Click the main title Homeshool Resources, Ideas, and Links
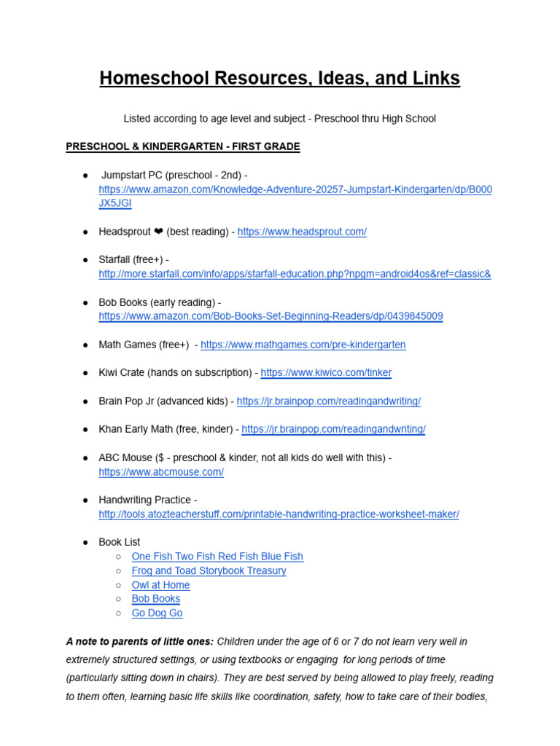pyautogui.click(x=280, y=79)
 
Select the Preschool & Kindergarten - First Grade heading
pyautogui.click(x=182, y=146)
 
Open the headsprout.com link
pyautogui.click(x=302, y=232)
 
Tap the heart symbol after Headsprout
pyautogui.click(x=158, y=232)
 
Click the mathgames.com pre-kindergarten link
pyautogui.click(x=303, y=345)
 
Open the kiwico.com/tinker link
pyautogui.click(x=326, y=372)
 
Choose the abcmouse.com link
pyautogui.click(x=161, y=472)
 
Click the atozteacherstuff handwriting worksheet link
pyautogui.click(x=279, y=514)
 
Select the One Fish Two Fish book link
pyautogui.click(x=217, y=557)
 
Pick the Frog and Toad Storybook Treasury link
pyautogui.click(x=209, y=570)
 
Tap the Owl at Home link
pyautogui.click(x=160, y=585)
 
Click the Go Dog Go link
pyautogui.click(x=157, y=613)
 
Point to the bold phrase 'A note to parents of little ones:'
pyautogui.click(x=140, y=642)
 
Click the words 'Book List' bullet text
pyautogui.click(x=120, y=542)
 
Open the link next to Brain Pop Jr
pyautogui.click(x=329, y=401)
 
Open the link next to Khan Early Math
pyautogui.click(x=333, y=429)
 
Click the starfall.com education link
pyautogui.click(x=295, y=274)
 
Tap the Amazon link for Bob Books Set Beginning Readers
pyautogui.click(x=271, y=316)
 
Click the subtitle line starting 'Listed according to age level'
pyautogui.click(x=280, y=118)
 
